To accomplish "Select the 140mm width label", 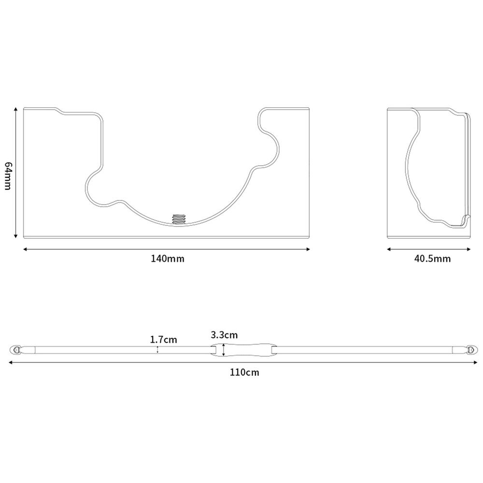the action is (x=167, y=258).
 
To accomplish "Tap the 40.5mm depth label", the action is (x=432, y=258).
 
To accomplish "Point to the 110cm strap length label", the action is (x=244, y=372).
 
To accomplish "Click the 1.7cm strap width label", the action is (x=164, y=340).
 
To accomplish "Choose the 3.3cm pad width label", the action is (x=224, y=335).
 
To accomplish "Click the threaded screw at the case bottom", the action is (x=179, y=219).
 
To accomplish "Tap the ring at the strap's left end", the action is (x=16, y=350).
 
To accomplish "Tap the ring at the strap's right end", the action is (x=472, y=350).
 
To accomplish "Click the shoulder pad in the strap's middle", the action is (x=243, y=350).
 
